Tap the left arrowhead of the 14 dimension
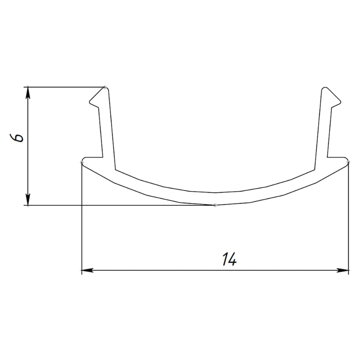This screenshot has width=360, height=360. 87,270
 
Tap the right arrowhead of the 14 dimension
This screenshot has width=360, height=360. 343,270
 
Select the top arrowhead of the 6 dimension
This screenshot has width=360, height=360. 28,93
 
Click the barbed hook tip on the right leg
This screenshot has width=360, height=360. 341,102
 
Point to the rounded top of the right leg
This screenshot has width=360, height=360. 324,87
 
